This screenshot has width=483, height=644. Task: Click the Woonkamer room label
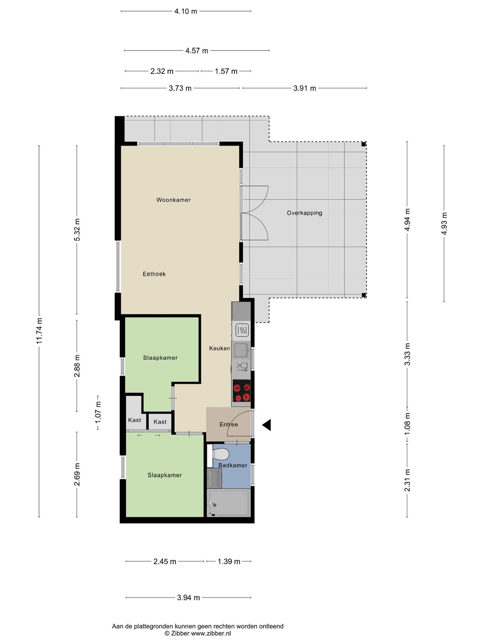coord(174,200)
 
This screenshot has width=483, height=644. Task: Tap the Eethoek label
coord(154,274)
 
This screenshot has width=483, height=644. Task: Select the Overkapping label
coord(305,213)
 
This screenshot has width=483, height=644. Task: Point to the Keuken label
coord(219,348)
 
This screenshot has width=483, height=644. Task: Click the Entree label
coord(229,424)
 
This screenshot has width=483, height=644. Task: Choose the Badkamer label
coord(233,465)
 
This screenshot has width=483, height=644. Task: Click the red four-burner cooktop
coord(241,391)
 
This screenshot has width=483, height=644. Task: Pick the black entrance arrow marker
coord(267,425)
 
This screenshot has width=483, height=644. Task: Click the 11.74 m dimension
coord(39,330)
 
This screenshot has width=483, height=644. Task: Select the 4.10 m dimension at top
coord(186,12)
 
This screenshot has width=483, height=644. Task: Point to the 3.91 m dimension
coord(305,88)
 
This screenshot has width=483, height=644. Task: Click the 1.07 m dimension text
coord(98,412)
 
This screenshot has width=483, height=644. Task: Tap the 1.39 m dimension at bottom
coord(229,561)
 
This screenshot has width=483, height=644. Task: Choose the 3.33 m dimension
coord(407,354)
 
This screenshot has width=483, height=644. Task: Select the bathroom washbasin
coord(214,478)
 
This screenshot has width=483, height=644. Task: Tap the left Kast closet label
coord(134,420)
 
